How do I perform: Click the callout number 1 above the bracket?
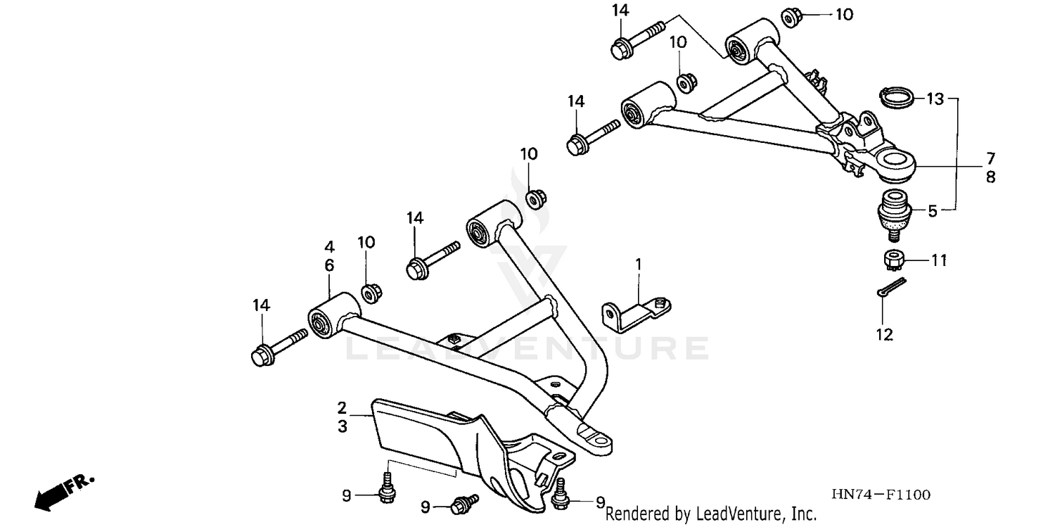(x=639, y=265)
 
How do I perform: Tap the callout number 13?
(x=934, y=99)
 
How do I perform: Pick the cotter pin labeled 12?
(x=892, y=287)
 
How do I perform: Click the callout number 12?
(x=884, y=334)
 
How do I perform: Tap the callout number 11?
(x=940, y=261)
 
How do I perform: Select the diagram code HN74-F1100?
(x=882, y=495)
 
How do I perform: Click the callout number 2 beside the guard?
(x=342, y=407)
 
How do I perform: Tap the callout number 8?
(x=990, y=177)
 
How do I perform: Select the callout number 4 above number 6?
(x=329, y=247)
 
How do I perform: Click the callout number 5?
(x=932, y=210)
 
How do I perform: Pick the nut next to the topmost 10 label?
(x=788, y=15)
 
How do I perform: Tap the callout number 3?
(x=342, y=426)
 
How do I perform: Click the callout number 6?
(x=329, y=265)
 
